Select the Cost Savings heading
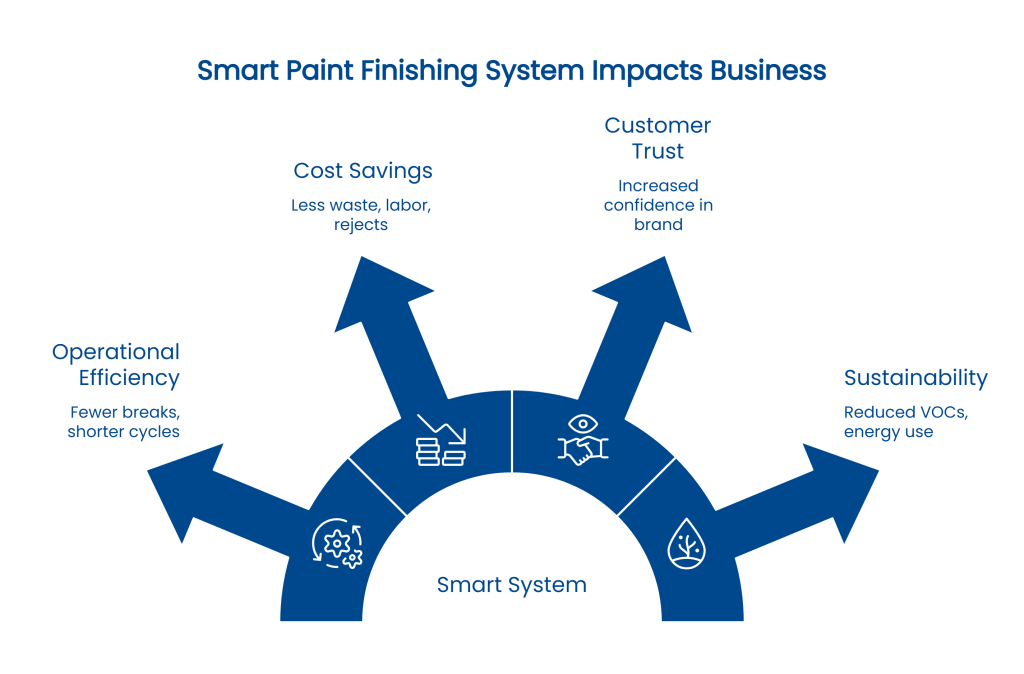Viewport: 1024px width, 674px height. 363,171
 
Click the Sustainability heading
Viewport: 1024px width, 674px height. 915,378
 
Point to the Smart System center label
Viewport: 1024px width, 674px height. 511,585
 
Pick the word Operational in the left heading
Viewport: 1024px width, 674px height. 116,352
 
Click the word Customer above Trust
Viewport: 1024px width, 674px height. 657,127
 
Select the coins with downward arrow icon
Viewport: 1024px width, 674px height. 441,440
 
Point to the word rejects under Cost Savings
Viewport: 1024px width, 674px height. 363,225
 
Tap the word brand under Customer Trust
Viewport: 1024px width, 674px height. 657,225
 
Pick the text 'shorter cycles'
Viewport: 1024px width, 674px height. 123,432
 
